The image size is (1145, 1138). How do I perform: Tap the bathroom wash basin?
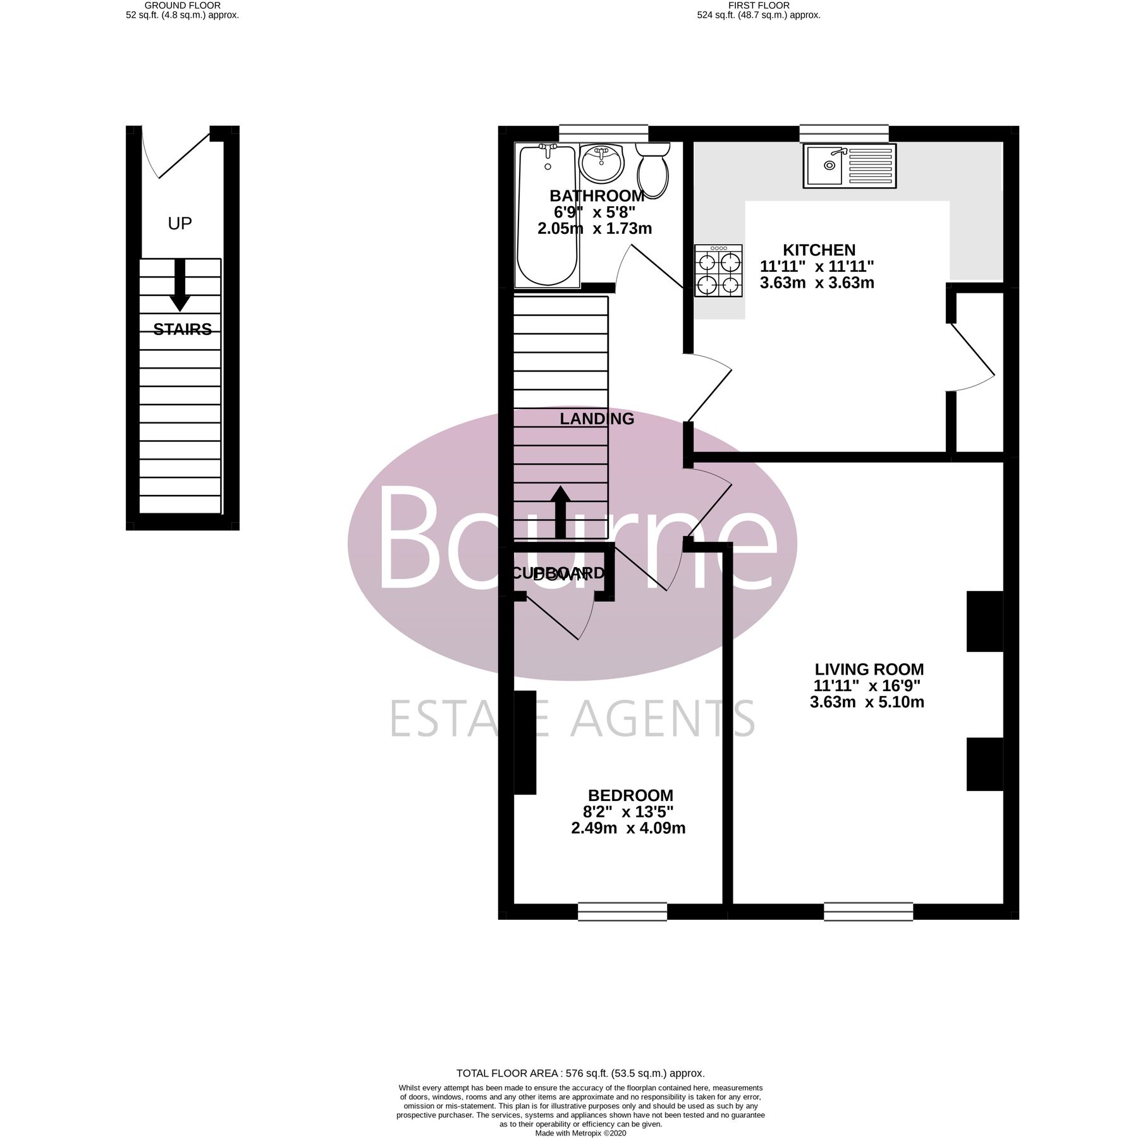601,163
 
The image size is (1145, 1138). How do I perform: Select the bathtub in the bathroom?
547,215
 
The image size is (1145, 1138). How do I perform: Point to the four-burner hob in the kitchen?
718,271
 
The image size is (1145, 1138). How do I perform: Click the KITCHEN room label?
819,250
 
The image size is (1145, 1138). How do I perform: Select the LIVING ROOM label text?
869,669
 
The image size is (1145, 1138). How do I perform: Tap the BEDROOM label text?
630,795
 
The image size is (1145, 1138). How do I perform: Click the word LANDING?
596,419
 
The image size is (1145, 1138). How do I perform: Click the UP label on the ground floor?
180,223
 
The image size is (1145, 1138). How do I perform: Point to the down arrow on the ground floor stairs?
180,284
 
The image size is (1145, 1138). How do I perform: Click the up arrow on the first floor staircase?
560,512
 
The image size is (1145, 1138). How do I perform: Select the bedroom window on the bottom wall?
622,911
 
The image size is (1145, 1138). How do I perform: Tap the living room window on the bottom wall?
868,911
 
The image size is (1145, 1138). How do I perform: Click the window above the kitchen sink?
843,133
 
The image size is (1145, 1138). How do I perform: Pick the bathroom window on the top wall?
604,133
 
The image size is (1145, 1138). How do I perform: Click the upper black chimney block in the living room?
984,621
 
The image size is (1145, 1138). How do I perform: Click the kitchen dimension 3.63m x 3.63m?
817,283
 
